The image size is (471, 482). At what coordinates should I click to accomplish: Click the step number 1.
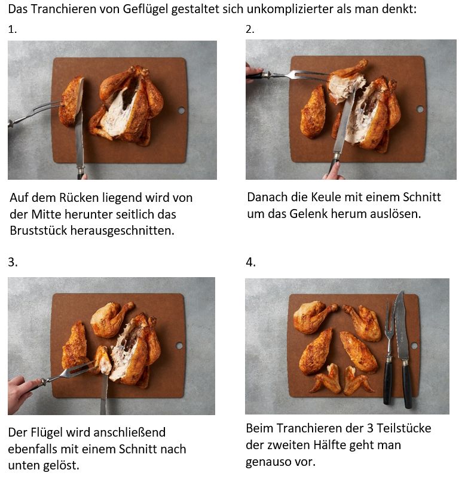(13, 29)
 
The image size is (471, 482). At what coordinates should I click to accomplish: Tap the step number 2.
(250, 29)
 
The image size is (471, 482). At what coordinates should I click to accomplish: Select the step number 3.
(13, 262)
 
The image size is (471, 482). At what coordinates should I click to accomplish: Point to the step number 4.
(250, 263)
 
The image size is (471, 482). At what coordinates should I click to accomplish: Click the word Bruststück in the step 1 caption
(38, 231)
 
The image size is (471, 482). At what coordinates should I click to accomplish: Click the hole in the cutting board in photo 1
(181, 110)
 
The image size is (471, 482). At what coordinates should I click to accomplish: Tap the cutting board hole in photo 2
(420, 109)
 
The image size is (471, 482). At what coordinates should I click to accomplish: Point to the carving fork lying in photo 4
(389, 354)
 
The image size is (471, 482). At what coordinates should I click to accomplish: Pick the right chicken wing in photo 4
(357, 380)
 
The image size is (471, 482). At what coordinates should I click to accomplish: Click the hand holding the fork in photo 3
(22, 394)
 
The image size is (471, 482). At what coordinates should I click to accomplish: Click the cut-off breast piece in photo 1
(71, 102)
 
